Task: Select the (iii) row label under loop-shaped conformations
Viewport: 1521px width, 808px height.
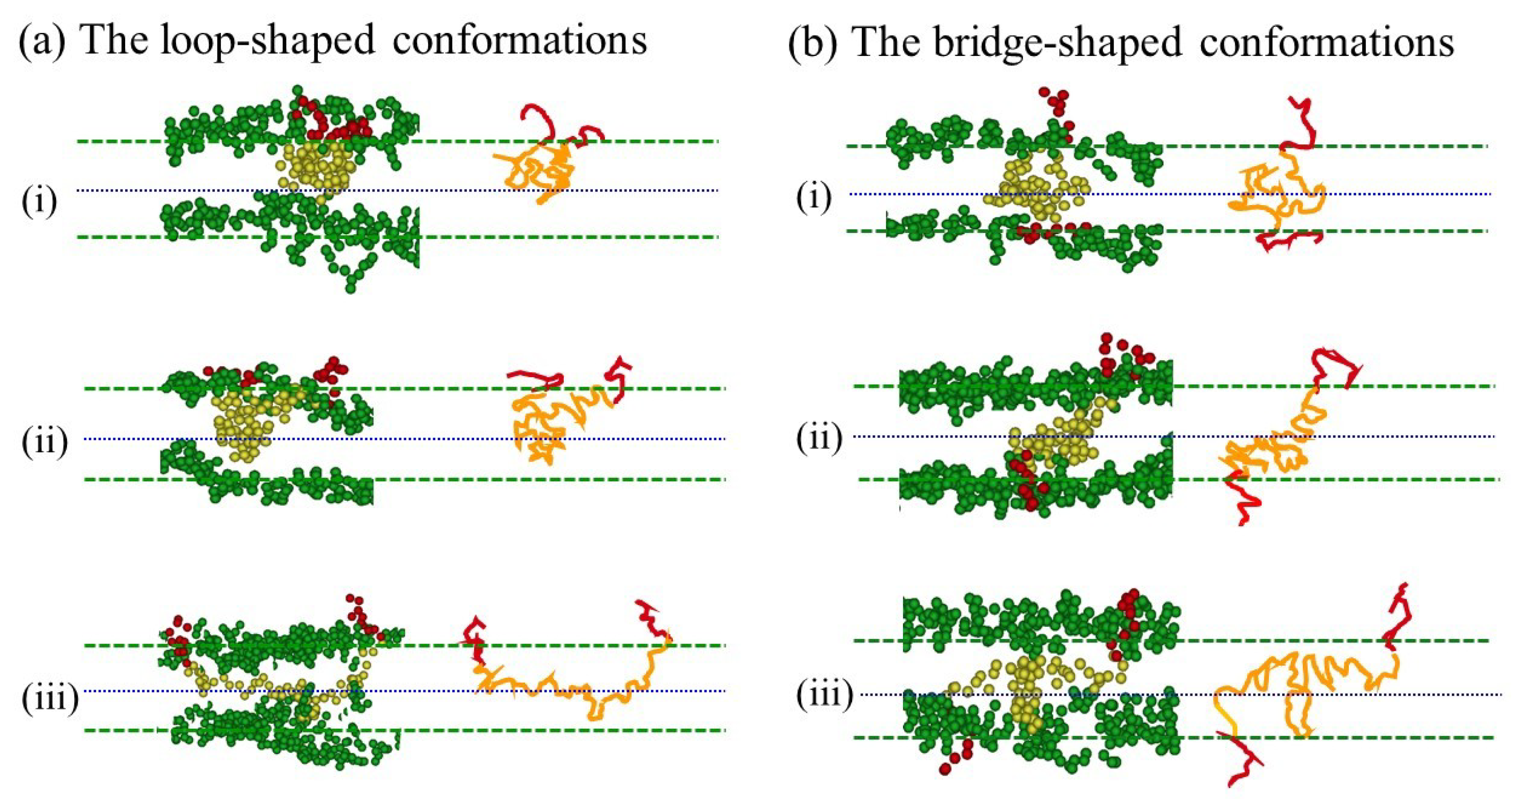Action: (x=50, y=700)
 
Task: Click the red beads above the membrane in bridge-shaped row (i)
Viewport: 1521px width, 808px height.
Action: (x=1057, y=106)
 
